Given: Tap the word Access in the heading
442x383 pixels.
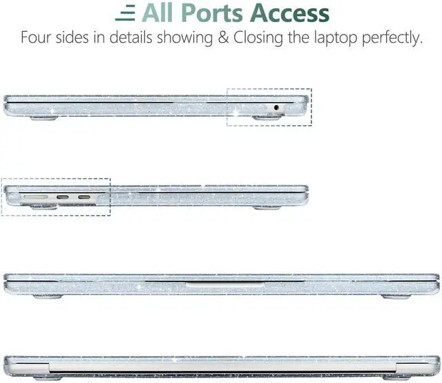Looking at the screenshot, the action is (x=290, y=13).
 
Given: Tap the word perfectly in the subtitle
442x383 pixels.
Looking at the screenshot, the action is (x=391, y=38).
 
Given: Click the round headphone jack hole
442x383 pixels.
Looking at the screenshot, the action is (x=278, y=107).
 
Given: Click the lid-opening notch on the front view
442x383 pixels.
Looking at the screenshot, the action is (x=221, y=283).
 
